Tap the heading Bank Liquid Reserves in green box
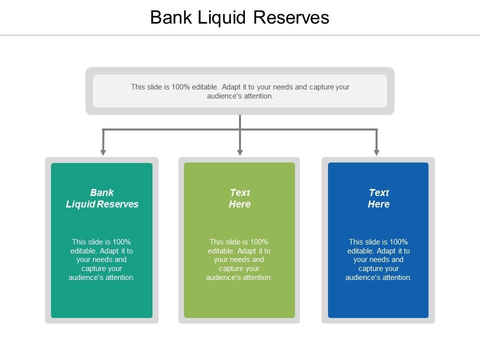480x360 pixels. pyautogui.click(x=102, y=198)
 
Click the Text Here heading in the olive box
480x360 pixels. pyautogui.click(x=239, y=198)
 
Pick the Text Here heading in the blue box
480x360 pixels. pyautogui.click(x=378, y=198)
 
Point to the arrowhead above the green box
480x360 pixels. pyautogui.click(x=103, y=151)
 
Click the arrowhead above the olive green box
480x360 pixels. pyautogui.click(x=240, y=151)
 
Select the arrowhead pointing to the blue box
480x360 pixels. pyautogui.click(x=376, y=151)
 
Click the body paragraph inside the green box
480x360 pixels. pyautogui.click(x=102, y=260)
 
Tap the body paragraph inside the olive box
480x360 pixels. pyautogui.click(x=239, y=260)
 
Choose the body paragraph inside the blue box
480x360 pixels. pyautogui.click(x=378, y=260)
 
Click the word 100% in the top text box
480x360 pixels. pyautogui.click(x=180, y=86)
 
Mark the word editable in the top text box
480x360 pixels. pyautogui.click(x=205, y=86)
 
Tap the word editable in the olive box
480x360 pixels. pyautogui.click(x=220, y=251)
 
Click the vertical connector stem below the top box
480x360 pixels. pyautogui.click(x=240, y=122)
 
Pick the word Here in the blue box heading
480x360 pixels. pyautogui.click(x=378, y=204)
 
